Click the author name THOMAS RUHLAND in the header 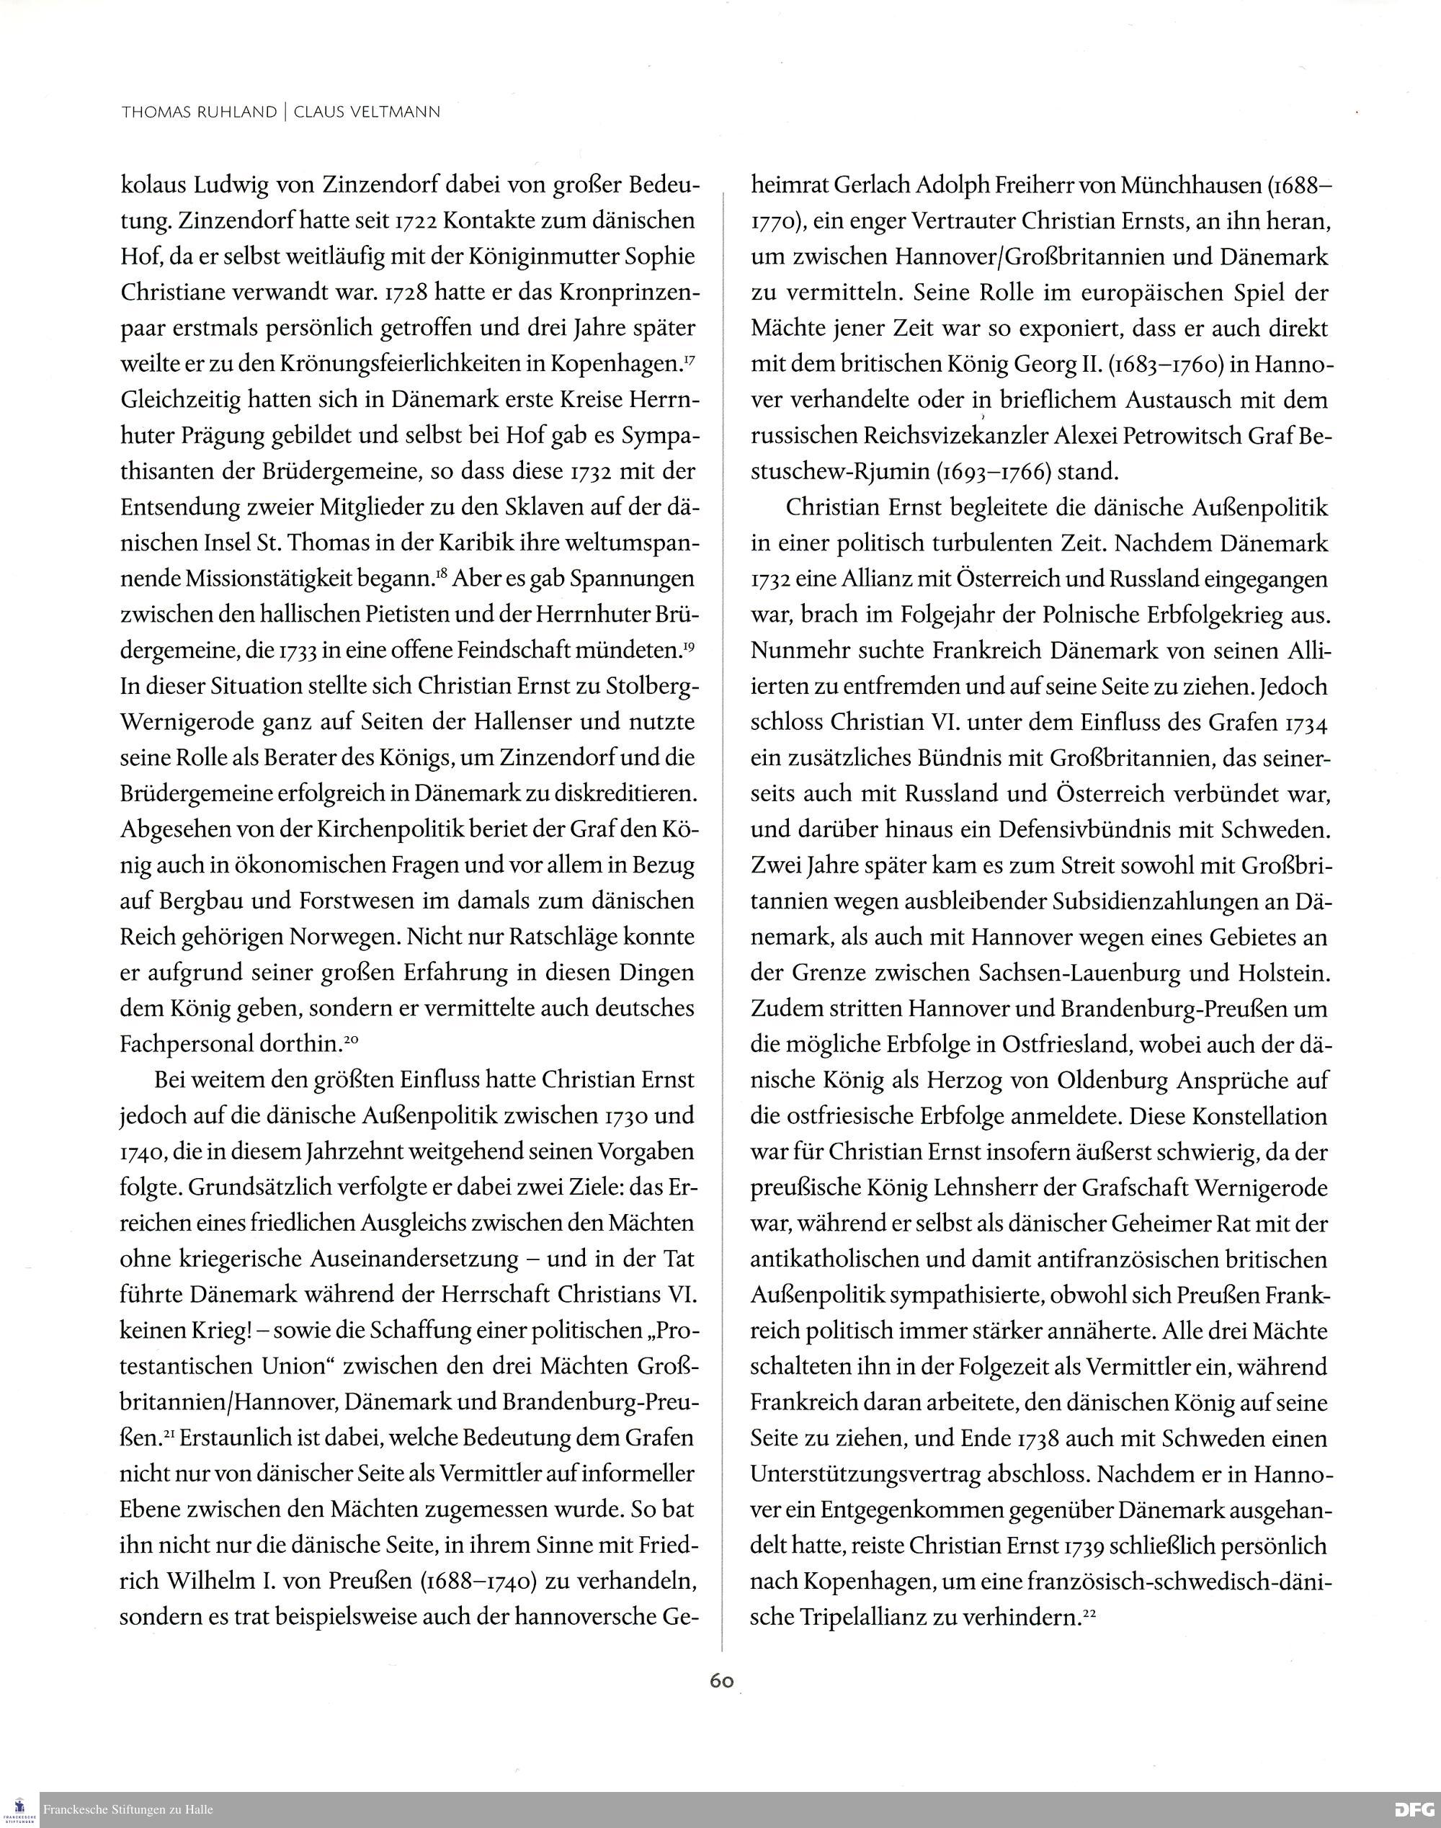pos(198,112)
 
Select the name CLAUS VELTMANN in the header pos(366,112)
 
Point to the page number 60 pos(721,1680)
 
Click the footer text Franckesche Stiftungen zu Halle pos(128,1809)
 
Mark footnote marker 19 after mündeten pos(689,646)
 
